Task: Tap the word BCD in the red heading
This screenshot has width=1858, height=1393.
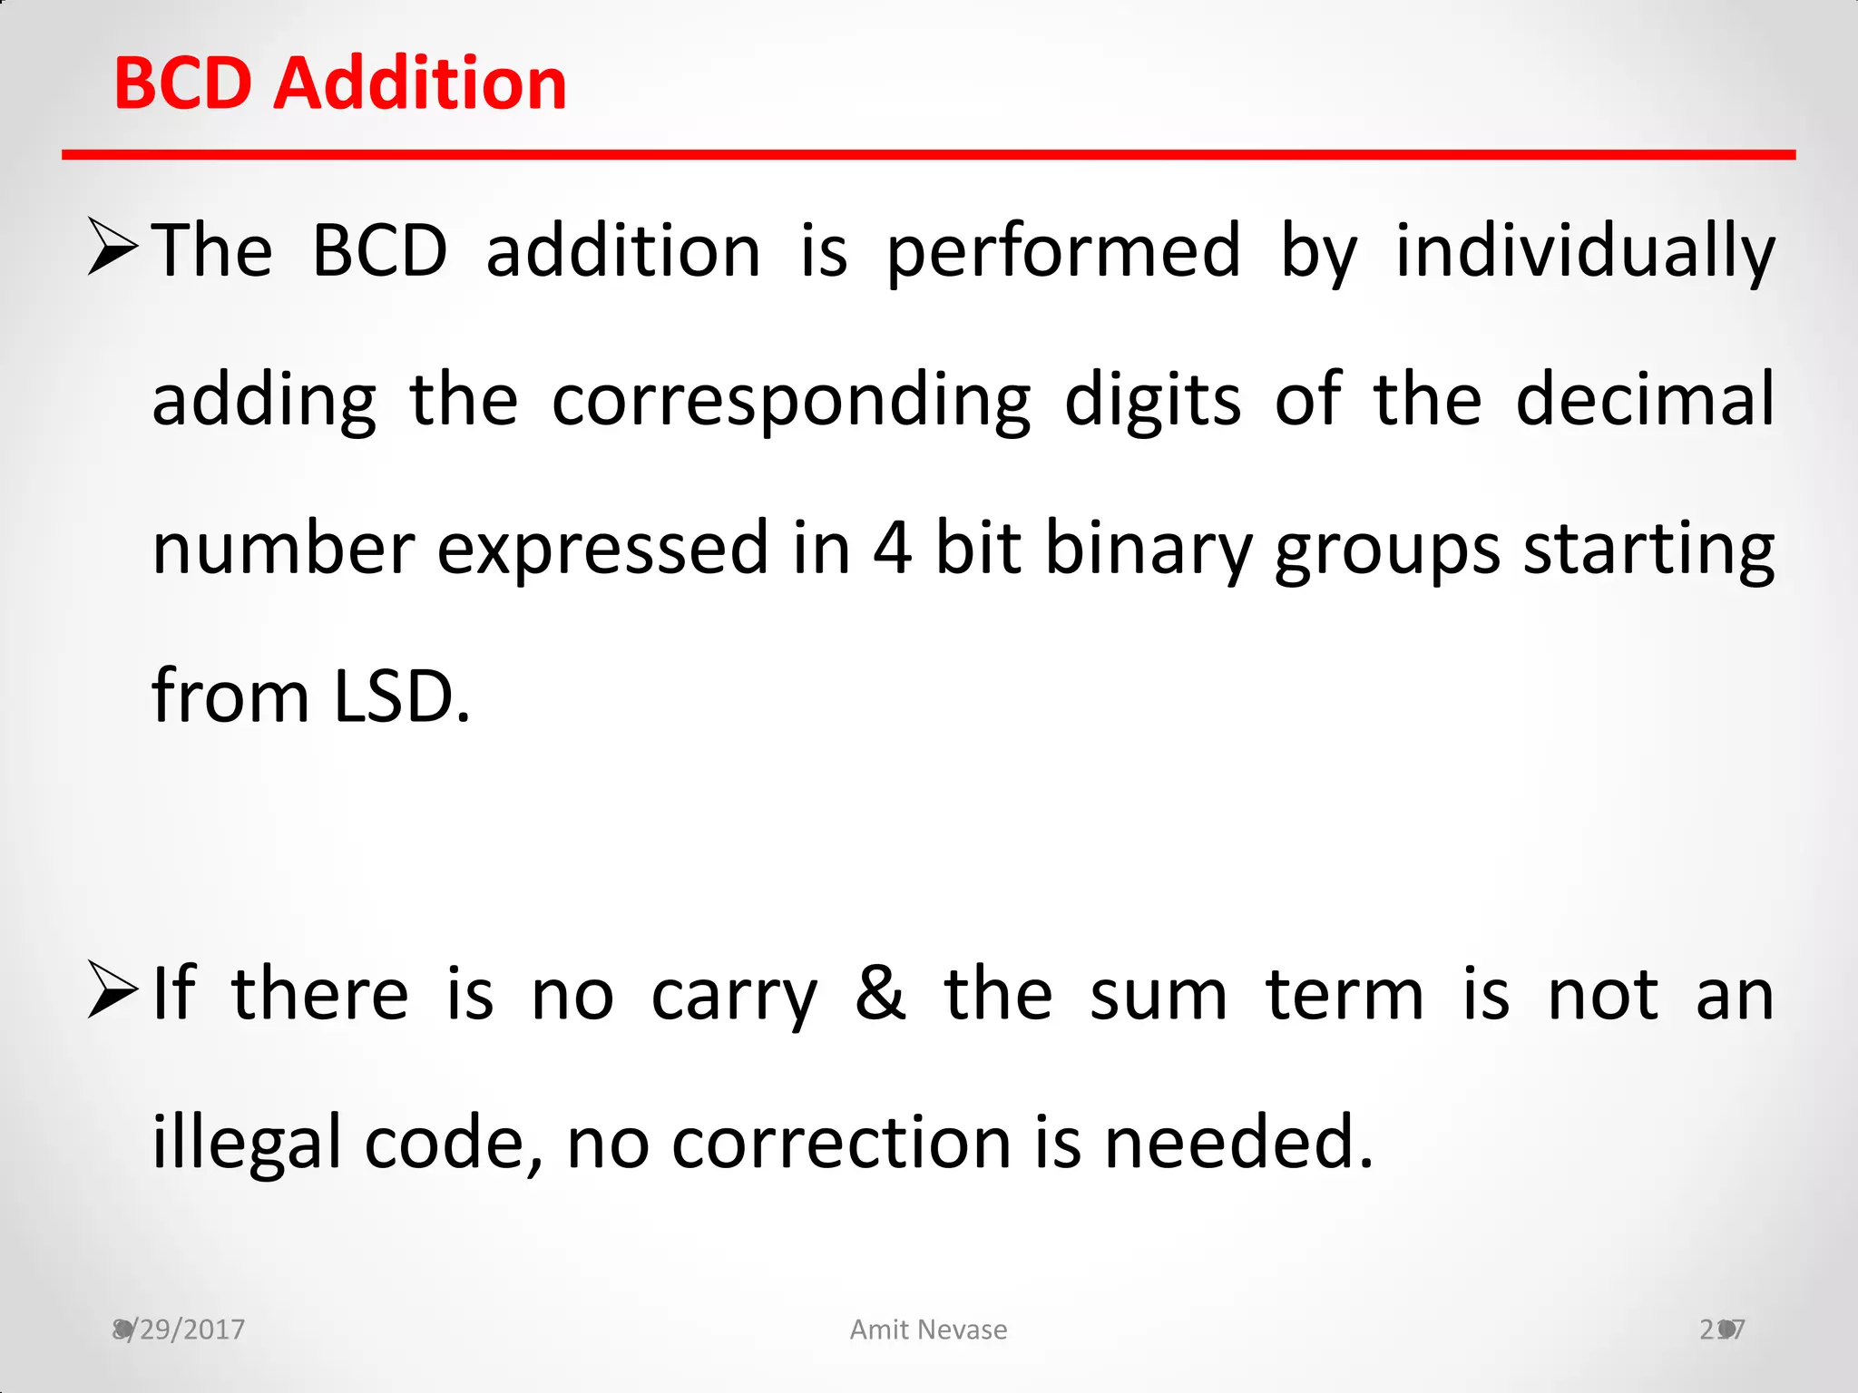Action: [182, 83]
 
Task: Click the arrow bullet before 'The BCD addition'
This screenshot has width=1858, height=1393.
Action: [112, 247]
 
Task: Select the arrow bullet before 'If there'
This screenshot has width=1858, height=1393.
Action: [112, 991]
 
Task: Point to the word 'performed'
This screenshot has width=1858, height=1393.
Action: [1063, 251]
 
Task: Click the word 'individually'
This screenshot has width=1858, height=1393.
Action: [1584, 251]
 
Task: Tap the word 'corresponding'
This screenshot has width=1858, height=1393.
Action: [791, 400]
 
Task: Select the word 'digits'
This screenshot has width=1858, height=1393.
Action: [1152, 400]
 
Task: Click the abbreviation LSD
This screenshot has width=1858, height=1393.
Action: [401, 696]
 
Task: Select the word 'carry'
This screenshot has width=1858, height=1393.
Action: [734, 997]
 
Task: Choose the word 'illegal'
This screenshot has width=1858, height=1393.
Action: [246, 1143]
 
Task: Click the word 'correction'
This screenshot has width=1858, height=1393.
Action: [841, 1143]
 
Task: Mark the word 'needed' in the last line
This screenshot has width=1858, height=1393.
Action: [1238, 1143]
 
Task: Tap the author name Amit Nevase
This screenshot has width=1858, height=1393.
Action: [928, 1330]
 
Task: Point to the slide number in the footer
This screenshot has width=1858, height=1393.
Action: [1722, 1330]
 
